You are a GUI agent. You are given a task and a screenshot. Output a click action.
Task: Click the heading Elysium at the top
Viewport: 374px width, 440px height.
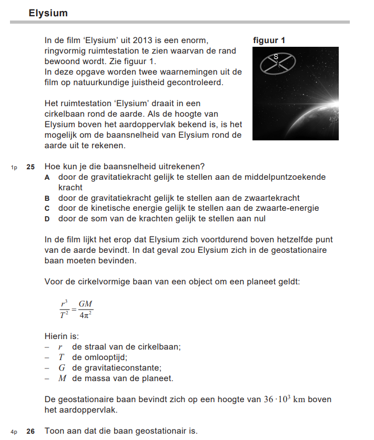pos(48,13)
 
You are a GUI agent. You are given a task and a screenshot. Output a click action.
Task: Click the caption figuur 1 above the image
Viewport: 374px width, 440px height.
pos(269,40)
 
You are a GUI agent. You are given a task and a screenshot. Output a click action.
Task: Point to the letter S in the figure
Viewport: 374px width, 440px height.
pos(276,56)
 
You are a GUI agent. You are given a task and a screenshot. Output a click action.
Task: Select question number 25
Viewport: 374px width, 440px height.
pos(31,167)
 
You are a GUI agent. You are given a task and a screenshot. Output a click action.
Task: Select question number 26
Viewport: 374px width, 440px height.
pos(31,431)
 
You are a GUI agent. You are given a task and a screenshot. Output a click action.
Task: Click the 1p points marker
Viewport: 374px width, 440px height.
pos(14,167)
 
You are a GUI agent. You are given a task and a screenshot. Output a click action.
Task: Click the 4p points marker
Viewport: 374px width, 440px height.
pos(14,432)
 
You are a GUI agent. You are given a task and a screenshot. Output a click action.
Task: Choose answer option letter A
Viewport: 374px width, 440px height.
pos(47,177)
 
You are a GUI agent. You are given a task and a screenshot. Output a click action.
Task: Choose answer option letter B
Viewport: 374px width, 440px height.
pos(47,198)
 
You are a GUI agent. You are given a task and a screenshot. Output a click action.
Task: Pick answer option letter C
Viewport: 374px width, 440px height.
pos(47,208)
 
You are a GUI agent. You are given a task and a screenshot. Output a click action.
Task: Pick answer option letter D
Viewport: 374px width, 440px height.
pos(47,219)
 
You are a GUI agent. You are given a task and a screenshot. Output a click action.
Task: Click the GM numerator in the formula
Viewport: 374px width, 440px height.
pos(86,305)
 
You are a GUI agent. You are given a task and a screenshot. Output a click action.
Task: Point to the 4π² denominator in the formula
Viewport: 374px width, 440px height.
pos(86,316)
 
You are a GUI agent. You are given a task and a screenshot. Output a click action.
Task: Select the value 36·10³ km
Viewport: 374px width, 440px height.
pos(285,400)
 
